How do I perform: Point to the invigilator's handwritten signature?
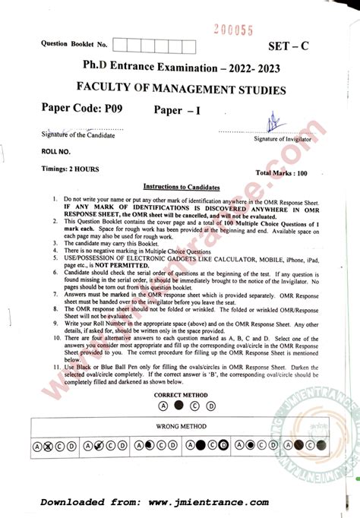(270, 123)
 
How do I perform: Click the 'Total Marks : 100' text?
(280, 174)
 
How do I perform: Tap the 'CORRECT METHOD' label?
(180, 396)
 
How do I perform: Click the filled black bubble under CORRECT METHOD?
(178, 406)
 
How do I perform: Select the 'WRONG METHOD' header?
(181, 426)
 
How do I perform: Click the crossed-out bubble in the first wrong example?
(47, 446)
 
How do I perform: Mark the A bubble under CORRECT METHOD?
(163, 406)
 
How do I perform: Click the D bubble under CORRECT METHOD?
(210, 406)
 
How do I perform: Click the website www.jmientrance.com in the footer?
(208, 502)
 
